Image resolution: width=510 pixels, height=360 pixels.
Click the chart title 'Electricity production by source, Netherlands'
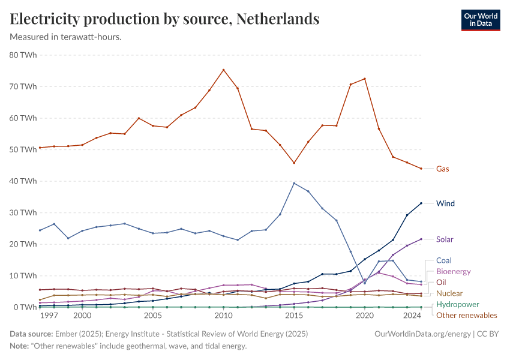point(164,19)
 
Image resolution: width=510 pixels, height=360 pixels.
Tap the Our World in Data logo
point(480,19)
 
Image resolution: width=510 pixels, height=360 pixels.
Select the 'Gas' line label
point(442,169)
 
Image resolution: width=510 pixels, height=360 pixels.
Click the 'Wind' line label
point(445,203)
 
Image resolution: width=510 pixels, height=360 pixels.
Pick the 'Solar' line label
point(445,239)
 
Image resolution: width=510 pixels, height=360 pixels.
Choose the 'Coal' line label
point(444,260)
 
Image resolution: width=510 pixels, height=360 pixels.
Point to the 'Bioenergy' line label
point(453,271)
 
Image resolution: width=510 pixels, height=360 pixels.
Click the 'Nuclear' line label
point(449,293)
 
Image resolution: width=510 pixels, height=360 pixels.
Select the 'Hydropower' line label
point(457,304)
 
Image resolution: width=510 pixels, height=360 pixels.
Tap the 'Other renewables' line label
point(466,315)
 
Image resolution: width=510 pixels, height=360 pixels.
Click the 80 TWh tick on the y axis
point(23,55)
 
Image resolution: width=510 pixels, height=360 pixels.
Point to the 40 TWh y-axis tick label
point(23,181)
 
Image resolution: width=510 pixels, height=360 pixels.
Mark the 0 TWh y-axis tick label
point(26,307)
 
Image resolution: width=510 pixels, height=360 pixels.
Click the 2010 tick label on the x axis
point(224,316)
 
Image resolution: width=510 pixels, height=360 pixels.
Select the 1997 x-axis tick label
point(49,316)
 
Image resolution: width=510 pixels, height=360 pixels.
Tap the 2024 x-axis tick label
point(412,316)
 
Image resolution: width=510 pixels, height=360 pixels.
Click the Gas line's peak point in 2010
point(224,70)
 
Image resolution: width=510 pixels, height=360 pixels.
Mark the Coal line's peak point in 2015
point(294,183)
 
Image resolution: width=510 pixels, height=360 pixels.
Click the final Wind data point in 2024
point(421,203)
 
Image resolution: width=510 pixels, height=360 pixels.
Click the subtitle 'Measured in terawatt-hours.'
point(66,37)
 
